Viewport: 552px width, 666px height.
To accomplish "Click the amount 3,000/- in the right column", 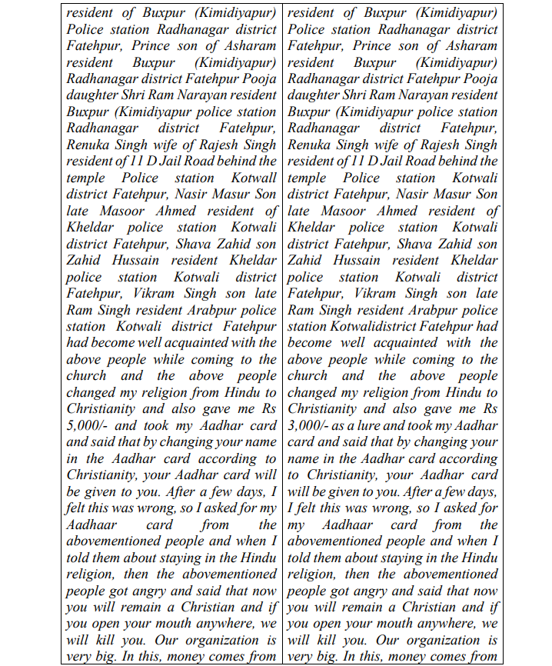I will (x=310, y=426).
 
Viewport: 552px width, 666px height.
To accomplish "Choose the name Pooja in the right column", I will (x=479, y=79).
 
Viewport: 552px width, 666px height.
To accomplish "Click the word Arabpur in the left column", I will (x=218, y=310).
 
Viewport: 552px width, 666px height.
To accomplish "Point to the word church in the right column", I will (x=307, y=376).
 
